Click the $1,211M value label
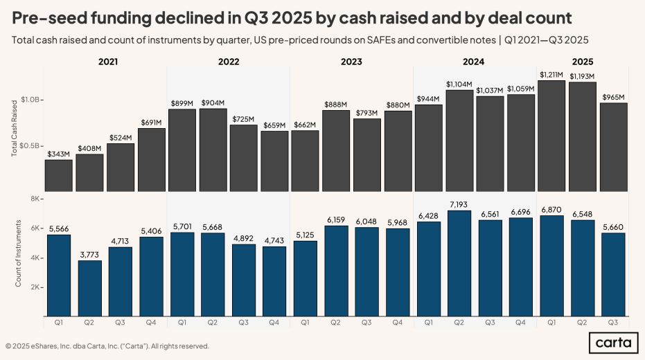(551, 74)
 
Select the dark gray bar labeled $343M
(58, 175)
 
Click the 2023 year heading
(351, 62)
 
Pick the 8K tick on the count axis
(35, 199)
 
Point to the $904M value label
(213, 102)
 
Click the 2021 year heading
(108, 62)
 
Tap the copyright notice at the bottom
(107, 346)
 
